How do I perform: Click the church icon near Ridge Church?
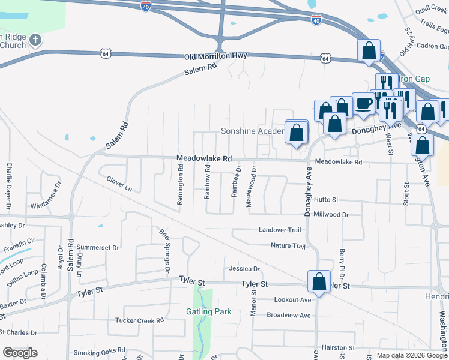click(35, 41)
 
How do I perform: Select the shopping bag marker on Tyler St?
click(319, 281)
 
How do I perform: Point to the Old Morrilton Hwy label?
click(215, 56)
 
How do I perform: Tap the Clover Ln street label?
click(119, 183)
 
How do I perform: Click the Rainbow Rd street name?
click(207, 182)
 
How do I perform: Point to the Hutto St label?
click(326, 199)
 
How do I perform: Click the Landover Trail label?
click(279, 230)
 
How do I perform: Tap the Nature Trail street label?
click(288, 246)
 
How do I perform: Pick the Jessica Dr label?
click(244, 269)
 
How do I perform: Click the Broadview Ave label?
click(289, 315)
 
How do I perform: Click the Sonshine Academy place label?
click(252, 131)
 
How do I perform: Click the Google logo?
click(20, 353)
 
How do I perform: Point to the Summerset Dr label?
click(98, 247)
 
